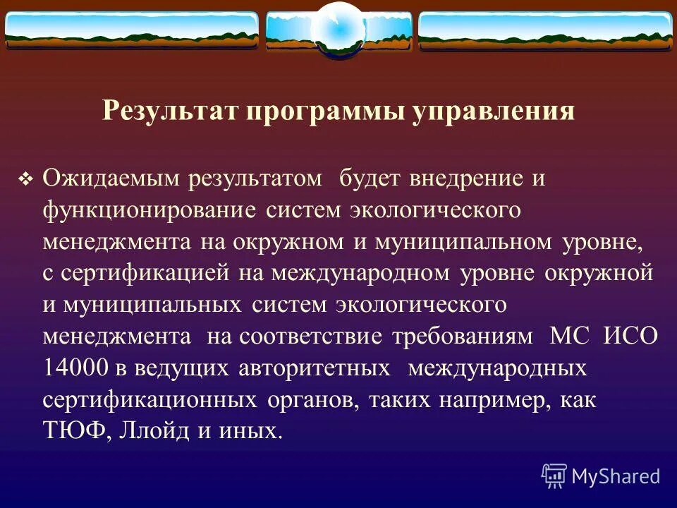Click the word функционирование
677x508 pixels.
(149, 210)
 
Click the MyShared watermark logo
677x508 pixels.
(601, 476)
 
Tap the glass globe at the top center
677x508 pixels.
(338, 30)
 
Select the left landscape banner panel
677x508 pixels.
(132, 30)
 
